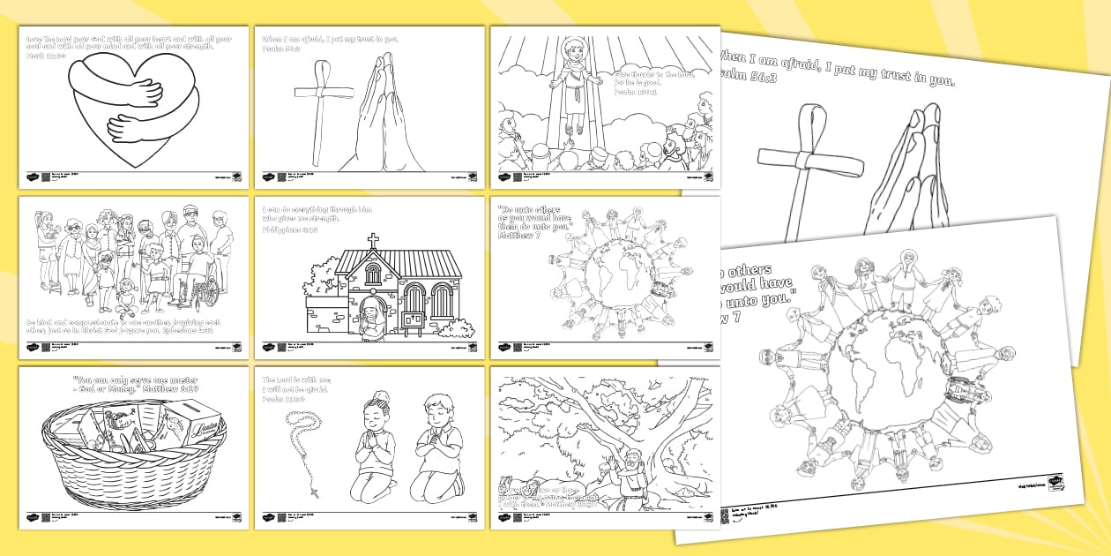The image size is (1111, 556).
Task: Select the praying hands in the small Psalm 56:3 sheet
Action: [x=378, y=110]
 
